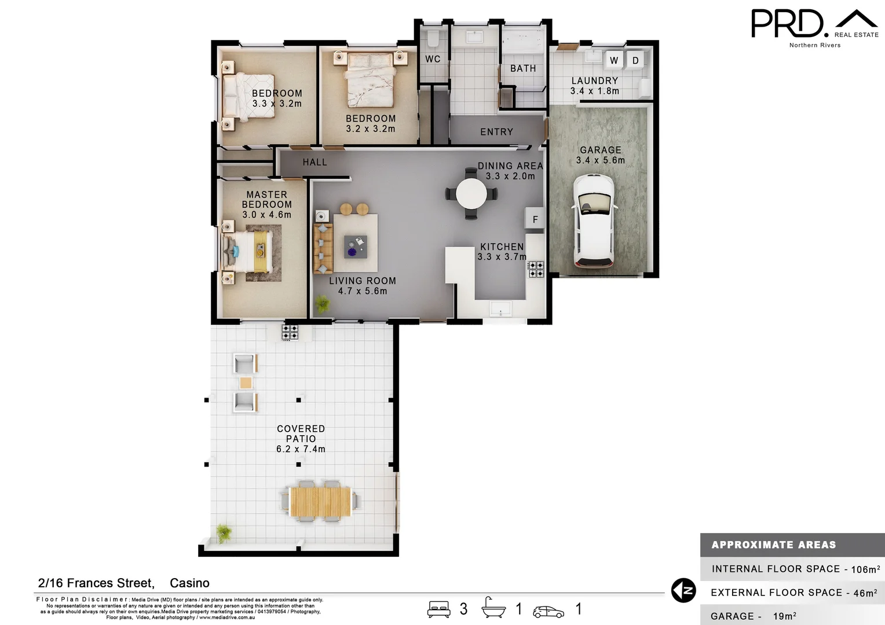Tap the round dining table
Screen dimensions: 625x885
point(471,193)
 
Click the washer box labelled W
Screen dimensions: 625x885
point(614,60)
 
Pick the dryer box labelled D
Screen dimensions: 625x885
point(635,60)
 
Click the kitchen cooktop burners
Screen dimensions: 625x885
point(536,269)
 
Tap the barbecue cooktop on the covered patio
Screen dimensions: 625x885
point(290,332)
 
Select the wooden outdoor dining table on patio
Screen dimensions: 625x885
point(320,501)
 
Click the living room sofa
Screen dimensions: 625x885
point(323,249)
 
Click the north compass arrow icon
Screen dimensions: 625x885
point(683,591)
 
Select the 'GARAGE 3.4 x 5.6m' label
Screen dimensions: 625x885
point(601,155)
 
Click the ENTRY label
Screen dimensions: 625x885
point(496,132)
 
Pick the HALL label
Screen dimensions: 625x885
point(314,163)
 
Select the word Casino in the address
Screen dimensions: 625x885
point(189,583)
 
